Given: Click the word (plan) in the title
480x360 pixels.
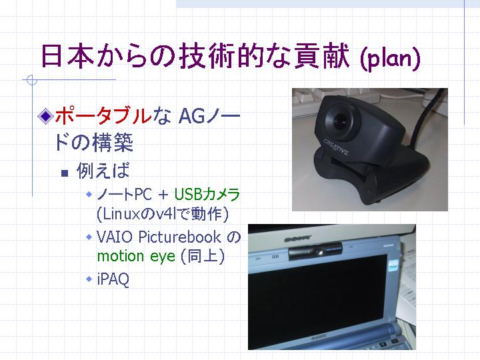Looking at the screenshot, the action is pyautogui.click(x=390, y=58).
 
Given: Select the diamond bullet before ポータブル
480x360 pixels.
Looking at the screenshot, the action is pyautogui.click(x=45, y=116).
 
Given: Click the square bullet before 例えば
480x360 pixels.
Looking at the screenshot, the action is pyautogui.click(x=65, y=173).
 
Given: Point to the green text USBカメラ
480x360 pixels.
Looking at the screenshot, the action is pyautogui.click(x=207, y=195).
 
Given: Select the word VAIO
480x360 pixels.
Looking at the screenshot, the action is pyautogui.click(x=115, y=237).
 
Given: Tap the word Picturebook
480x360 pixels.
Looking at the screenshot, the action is pyautogui.click(x=180, y=237).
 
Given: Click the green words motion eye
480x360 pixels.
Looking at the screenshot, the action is pyautogui.click(x=136, y=257).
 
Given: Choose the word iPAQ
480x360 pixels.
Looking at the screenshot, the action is pyautogui.click(x=113, y=279).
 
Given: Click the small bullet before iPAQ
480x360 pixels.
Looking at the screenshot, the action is pyautogui.click(x=89, y=279).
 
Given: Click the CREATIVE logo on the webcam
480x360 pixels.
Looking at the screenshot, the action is pyautogui.click(x=336, y=147).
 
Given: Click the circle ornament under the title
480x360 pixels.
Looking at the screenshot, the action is pyautogui.click(x=32, y=80).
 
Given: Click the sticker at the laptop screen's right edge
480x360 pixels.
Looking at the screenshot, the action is pyautogui.click(x=393, y=265).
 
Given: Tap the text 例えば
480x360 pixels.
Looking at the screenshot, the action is pyautogui.click(x=103, y=170).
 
